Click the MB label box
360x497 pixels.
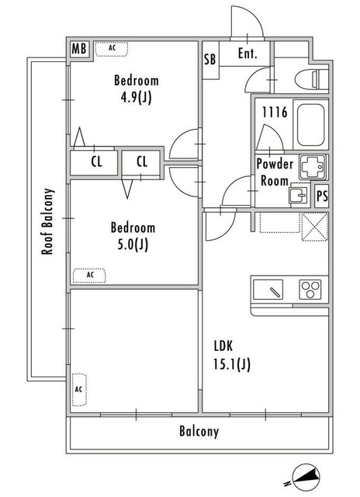coord(79,49)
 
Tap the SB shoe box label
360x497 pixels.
coord(210,59)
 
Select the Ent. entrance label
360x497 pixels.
coord(247,54)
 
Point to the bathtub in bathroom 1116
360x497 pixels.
coord(311,124)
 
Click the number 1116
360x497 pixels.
coord(275,112)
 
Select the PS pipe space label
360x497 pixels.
coord(322,196)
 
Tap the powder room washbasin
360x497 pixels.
coord(298,196)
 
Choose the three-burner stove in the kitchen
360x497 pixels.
coord(310,290)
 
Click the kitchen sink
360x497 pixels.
coord(268,290)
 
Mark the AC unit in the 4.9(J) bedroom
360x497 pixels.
coord(112,49)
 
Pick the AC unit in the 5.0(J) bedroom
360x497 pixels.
coord(89,276)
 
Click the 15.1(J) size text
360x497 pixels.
coord(232,364)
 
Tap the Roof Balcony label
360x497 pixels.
coord(47,221)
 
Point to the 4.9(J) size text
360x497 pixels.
coord(136,97)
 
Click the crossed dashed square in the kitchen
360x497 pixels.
coord(314,227)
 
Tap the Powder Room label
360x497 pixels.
coord(275,172)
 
